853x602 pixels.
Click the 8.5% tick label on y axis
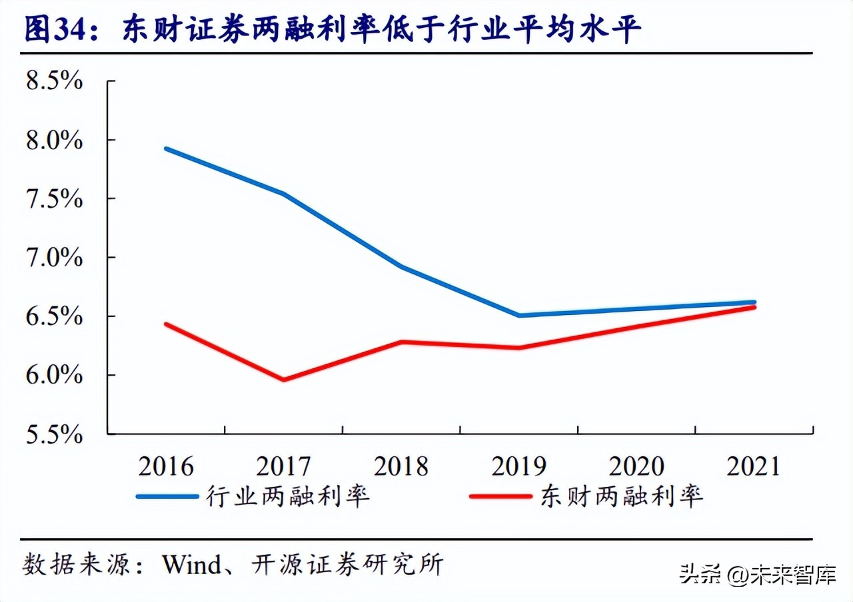click(x=53, y=81)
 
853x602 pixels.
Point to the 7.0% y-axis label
click(x=53, y=258)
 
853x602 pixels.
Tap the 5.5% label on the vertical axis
click(x=53, y=434)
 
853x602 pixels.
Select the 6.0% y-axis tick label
click(x=53, y=376)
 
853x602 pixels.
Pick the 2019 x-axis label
click(x=518, y=467)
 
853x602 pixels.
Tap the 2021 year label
click(x=753, y=467)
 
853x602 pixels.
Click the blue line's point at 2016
click(x=166, y=149)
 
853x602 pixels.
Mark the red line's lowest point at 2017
click(x=284, y=380)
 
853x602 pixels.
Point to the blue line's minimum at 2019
click(x=518, y=315)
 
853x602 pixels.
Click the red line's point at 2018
click(x=401, y=342)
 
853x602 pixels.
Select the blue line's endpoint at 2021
click(x=754, y=302)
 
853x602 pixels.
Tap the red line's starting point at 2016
click(x=166, y=324)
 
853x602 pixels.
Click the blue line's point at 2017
click(x=284, y=194)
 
